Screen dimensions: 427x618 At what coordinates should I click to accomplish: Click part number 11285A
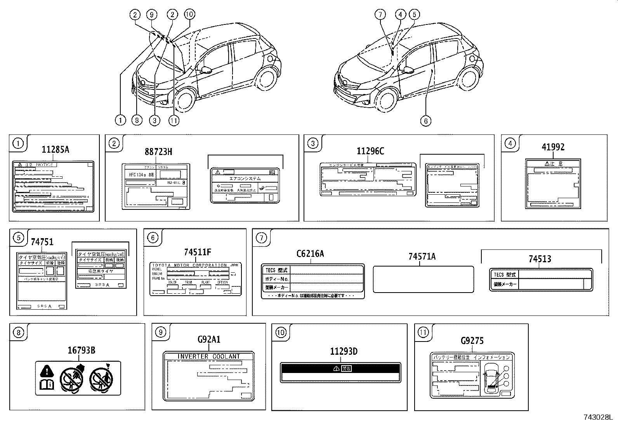pos(56,150)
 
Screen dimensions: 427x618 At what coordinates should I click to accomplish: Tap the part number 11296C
pos(370,152)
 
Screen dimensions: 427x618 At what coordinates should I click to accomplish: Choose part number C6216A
pos(310,254)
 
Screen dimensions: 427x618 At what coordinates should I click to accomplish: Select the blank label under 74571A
pos(423,279)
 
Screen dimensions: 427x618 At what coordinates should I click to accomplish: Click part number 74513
pos(540,259)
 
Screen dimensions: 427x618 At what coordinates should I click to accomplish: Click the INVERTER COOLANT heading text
pos(209,356)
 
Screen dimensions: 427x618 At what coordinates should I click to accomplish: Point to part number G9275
pos(472,341)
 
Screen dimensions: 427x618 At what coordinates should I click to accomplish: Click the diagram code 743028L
pos(597,418)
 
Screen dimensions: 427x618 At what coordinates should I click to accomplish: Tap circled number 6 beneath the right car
pos(425,121)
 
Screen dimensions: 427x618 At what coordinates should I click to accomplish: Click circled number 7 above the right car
pos(380,15)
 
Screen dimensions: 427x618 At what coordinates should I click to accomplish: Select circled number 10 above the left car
pos(189,15)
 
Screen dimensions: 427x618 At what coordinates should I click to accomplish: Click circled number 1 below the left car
pos(120,120)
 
